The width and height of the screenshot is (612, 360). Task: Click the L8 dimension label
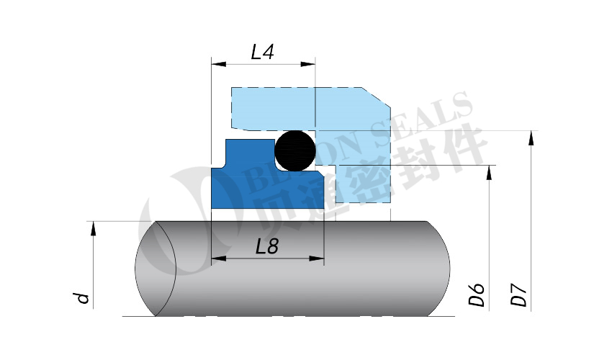point(266,246)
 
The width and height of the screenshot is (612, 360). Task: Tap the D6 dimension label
point(476,295)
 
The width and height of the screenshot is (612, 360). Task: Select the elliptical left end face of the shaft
point(156,268)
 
